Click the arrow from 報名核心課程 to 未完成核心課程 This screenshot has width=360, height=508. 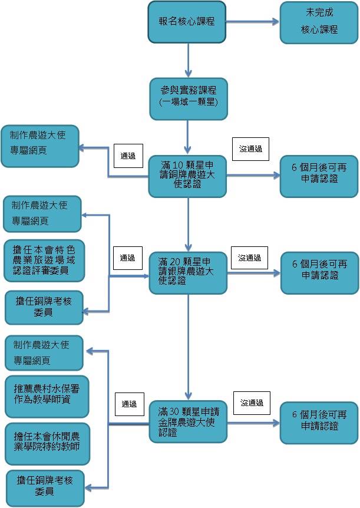(x=252, y=22)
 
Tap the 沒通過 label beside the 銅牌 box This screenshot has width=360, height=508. (x=250, y=150)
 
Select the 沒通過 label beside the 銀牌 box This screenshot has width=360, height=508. (x=249, y=258)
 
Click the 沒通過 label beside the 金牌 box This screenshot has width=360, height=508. (x=252, y=403)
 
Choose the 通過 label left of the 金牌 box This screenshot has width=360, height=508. (x=129, y=404)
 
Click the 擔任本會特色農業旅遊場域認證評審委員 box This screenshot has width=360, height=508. (x=44, y=260)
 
